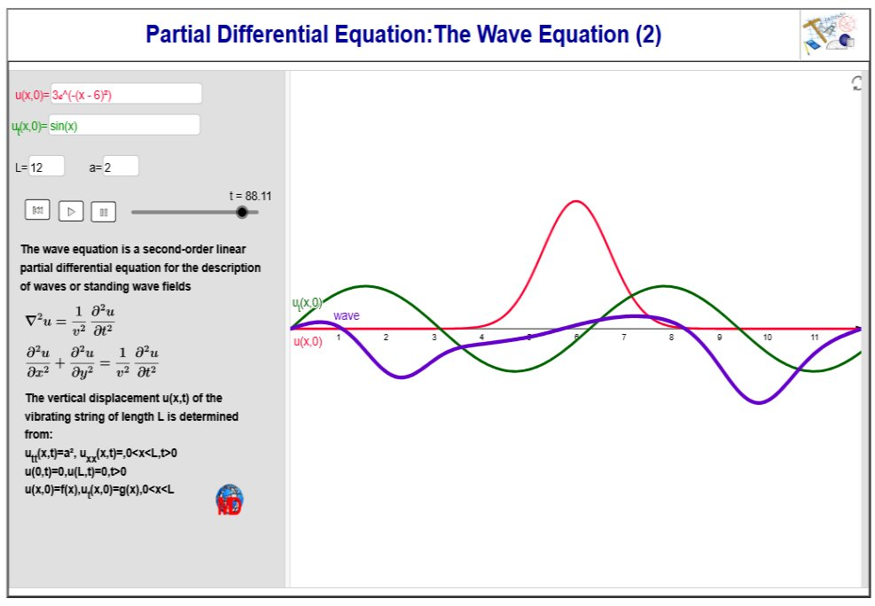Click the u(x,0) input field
(x=126, y=94)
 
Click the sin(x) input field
(x=124, y=125)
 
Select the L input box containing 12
(x=47, y=167)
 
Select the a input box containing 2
(x=121, y=167)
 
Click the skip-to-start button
(x=37, y=210)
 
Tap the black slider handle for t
(x=242, y=212)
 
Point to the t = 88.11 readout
(x=250, y=196)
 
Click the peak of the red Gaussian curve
(x=576, y=201)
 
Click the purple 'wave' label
(x=347, y=315)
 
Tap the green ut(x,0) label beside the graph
(x=307, y=303)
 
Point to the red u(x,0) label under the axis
(x=308, y=341)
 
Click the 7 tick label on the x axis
(x=624, y=338)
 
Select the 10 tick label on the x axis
(x=768, y=338)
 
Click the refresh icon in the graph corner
(x=856, y=83)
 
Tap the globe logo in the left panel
(x=230, y=500)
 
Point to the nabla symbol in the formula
(x=31, y=321)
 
